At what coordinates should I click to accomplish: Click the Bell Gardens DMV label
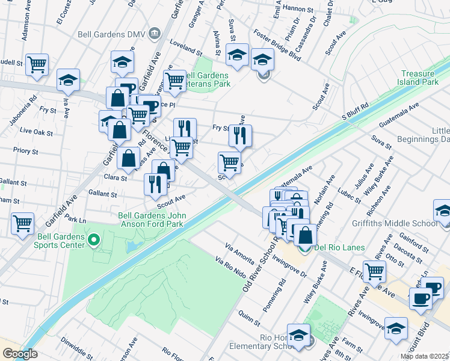click(x=111, y=34)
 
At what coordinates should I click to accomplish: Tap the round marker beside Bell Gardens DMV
click(x=155, y=32)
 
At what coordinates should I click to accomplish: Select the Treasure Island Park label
click(x=421, y=78)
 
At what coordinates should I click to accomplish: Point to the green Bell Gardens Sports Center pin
click(x=93, y=241)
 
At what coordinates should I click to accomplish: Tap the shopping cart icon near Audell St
click(x=37, y=64)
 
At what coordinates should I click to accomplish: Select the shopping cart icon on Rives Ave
click(x=374, y=271)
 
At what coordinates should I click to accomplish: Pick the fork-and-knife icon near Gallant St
click(x=156, y=184)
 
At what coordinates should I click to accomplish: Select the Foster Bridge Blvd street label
click(x=277, y=44)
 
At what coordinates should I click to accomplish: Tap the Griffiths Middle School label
click(x=408, y=223)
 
